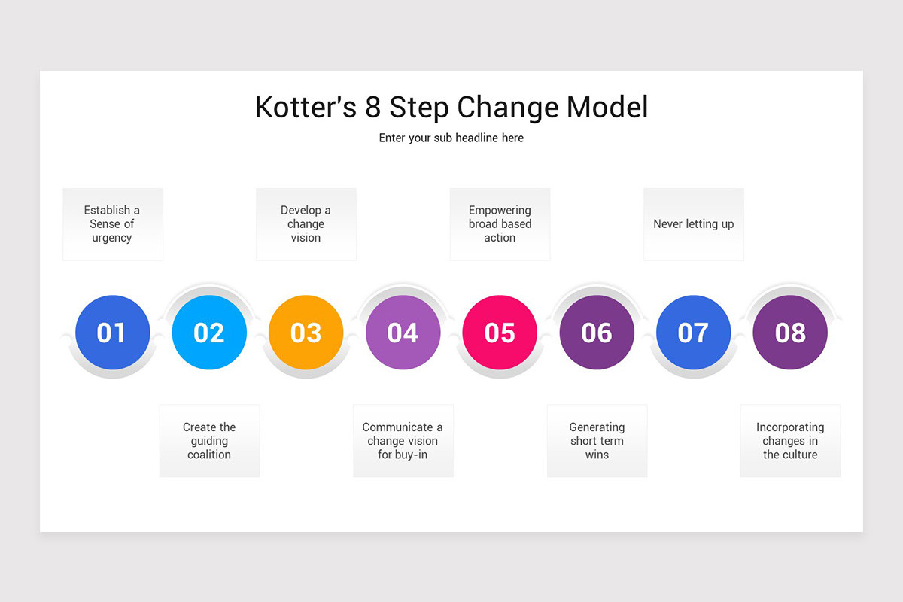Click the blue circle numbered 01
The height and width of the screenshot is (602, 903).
[x=113, y=333]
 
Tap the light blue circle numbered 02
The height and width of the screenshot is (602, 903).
[x=209, y=333]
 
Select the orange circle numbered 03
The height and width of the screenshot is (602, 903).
[x=306, y=333]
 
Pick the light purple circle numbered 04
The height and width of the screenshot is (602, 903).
[x=403, y=333]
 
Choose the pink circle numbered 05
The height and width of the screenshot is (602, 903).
[x=500, y=333]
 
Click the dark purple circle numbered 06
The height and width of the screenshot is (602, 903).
[x=597, y=333]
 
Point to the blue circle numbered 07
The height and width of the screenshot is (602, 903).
[x=693, y=333]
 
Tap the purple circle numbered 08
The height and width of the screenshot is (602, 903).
[x=790, y=333]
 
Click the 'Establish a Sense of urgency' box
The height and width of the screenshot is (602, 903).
[x=113, y=224]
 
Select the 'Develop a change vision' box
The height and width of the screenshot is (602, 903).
[x=306, y=224]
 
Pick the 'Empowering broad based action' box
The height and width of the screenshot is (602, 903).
[x=500, y=224]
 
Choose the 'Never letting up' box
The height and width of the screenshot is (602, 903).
[x=693, y=224]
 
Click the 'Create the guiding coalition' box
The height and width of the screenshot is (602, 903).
[x=209, y=441]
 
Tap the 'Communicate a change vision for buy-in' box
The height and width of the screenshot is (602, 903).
[x=403, y=441]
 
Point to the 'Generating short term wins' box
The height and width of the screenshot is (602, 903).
[x=597, y=441]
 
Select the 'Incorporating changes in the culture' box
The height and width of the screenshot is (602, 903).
[x=790, y=441]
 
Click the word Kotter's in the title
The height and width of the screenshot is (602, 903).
[x=306, y=108]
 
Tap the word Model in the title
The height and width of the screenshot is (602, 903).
[x=607, y=108]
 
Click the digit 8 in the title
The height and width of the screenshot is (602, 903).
[x=373, y=108]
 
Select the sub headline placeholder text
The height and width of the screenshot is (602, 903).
[x=451, y=138]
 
